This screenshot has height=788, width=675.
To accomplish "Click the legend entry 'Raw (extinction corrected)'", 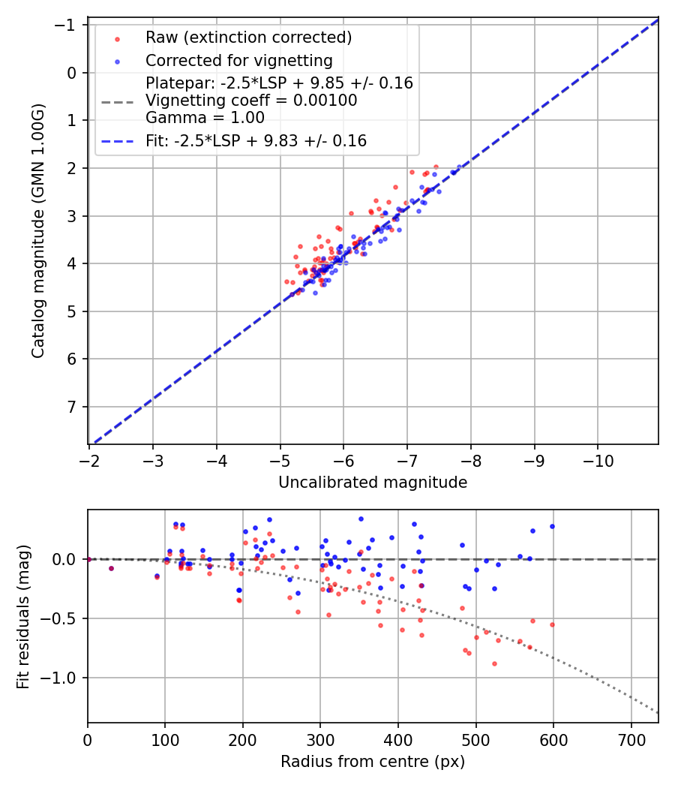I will pyautogui.click(x=248, y=38).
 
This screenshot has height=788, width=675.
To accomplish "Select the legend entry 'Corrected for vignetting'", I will pyautogui.click(x=239, y=60).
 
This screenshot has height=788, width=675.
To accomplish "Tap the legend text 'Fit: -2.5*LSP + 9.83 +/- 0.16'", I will pyautogui.click(x=256, y=141).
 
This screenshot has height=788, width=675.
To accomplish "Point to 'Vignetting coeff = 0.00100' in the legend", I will pyautogui.click(x=251, y=101).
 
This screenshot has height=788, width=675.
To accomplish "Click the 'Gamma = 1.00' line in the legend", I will pyautogui.click(x=205, y=117).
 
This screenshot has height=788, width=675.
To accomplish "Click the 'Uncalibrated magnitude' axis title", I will pyautogui.click(x=373, y=483).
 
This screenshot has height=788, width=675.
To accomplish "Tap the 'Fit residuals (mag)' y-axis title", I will pyautogui.click(x=23, y=617).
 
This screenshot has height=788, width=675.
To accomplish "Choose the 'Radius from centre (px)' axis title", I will pyautogui.click(x=373, y=762).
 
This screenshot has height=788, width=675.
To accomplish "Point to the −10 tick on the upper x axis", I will pyautogui.click(x=598, y=457).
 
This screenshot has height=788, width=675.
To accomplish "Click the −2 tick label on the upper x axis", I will pyautogui.click(x=89, y=457).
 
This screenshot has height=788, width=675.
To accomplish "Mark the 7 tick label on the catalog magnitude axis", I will pyautogui.click(x=72, y=407).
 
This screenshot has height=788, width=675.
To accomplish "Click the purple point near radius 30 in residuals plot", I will pyautogui.click(x=111, y=568).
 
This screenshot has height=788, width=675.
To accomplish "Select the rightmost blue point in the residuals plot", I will pyautogui.click(x=552, y=526).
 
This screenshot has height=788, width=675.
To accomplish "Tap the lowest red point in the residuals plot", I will pyautogui.click(x=494, y=663).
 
